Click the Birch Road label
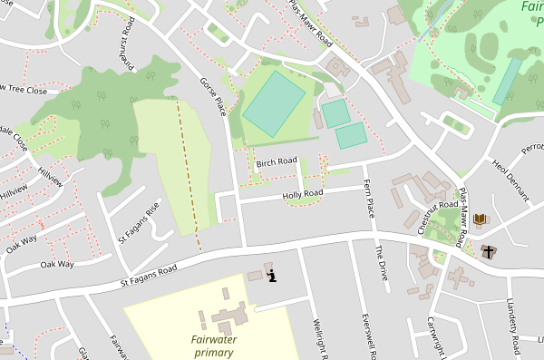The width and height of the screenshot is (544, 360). (x=277, y=162)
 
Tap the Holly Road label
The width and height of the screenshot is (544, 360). (x=303, y=194)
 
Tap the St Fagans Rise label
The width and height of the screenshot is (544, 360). (x=139, y=223)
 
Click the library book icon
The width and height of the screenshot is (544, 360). (x=480, y=219)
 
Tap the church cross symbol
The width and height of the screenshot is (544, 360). (x=490, y=251)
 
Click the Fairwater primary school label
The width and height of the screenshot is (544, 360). (x=219, y=345)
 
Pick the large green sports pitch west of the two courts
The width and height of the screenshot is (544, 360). (x=274, y=105)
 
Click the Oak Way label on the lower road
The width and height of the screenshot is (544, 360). (x=57, y=265)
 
